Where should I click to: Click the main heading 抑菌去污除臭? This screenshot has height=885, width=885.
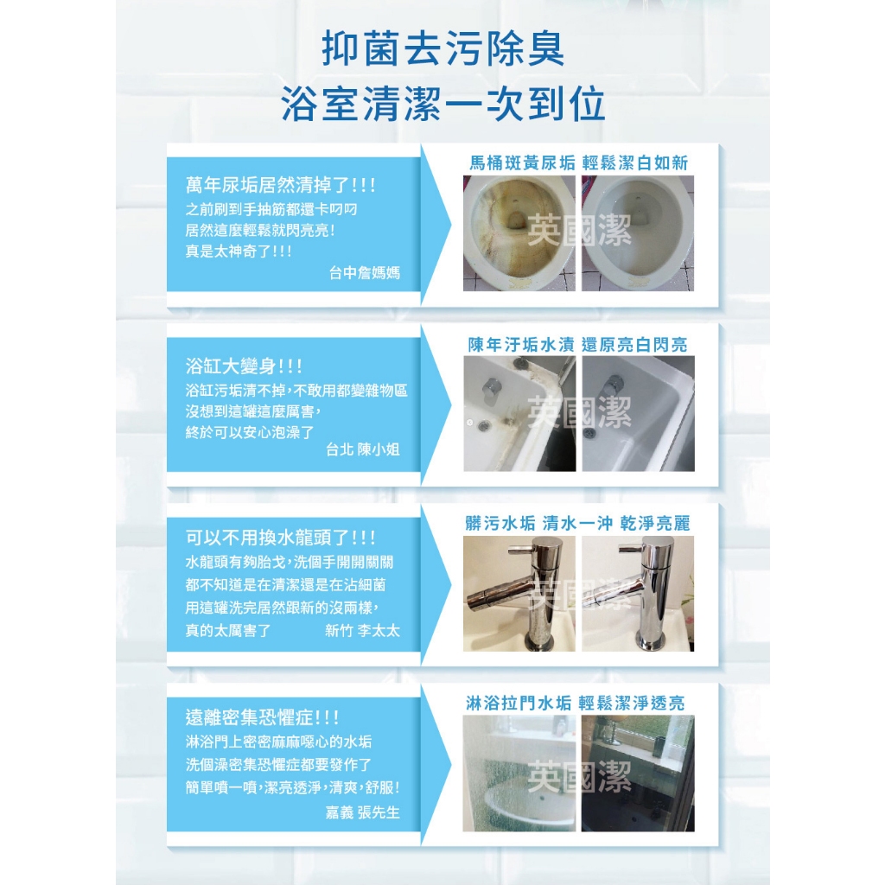click(442, 48)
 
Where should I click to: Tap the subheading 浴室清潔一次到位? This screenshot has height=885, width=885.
click(443, 104)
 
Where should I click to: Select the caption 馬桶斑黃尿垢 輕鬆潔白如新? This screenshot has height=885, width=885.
click(578, 163)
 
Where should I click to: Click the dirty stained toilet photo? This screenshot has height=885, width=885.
click(519, 233)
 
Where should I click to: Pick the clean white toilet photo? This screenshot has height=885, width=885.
click(638, 233)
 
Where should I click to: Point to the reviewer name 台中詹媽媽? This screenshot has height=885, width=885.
click(365, 273)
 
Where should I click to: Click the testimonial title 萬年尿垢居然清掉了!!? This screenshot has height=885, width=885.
click(281, 185)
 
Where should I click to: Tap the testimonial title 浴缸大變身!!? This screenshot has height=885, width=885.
click(244, 366)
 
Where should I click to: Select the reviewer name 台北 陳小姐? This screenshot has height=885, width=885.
click(363, 449)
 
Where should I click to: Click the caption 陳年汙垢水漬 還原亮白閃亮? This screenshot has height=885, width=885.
click(578, 344)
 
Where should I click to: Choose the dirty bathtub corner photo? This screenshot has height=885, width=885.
click(519, 414)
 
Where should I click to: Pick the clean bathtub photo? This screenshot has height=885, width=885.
click(639, 414)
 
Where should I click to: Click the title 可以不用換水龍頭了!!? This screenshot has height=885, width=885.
click(281, 538)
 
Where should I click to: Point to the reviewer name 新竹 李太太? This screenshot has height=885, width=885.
click(362, 630)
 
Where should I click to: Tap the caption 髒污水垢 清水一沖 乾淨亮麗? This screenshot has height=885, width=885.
click(578, 523)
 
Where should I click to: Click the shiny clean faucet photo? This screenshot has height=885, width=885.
click(638, 594)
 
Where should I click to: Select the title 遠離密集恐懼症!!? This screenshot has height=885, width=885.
click(263, 717)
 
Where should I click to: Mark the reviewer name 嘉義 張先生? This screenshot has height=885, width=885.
click(363, 812)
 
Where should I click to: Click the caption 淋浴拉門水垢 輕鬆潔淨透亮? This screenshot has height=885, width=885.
click(575, 703)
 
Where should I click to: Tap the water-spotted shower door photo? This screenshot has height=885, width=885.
click(519, 774)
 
